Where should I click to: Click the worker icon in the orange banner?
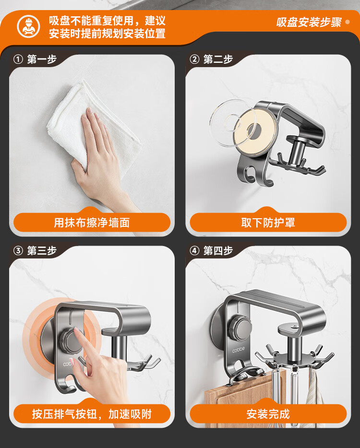[28, 26]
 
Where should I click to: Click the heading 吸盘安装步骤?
[309, 22]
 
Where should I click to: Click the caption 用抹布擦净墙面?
[92, 223]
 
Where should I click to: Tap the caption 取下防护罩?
[268, 223]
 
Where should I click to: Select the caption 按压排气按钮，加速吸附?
[92, 414]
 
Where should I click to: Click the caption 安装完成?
[268, 414]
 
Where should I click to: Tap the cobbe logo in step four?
[239, 349]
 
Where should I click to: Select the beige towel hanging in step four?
[315, 394]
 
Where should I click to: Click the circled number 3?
[18, 251]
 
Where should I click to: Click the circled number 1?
[18, 59]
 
